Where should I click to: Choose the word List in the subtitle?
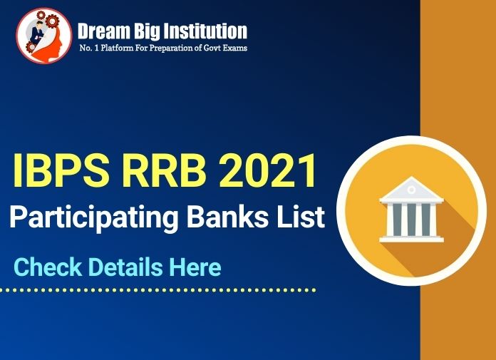tap(295, 217)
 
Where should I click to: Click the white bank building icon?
tap(411, 210)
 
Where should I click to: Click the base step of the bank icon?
tap(411, 239)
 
